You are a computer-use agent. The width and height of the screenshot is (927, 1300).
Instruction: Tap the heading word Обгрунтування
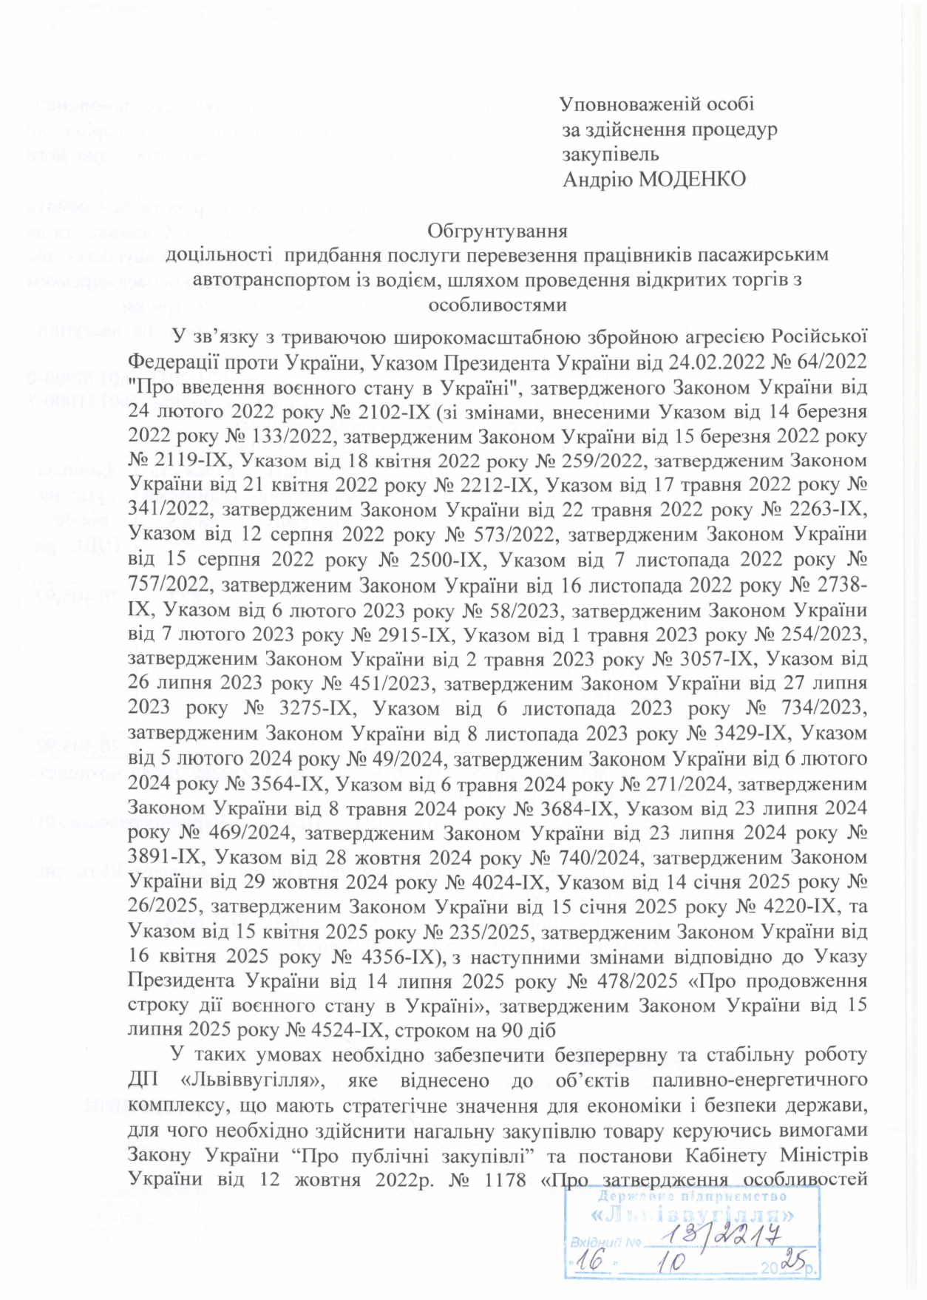click(x=497, y=231)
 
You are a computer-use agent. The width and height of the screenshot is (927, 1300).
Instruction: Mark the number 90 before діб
click(x=512, y=1031)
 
